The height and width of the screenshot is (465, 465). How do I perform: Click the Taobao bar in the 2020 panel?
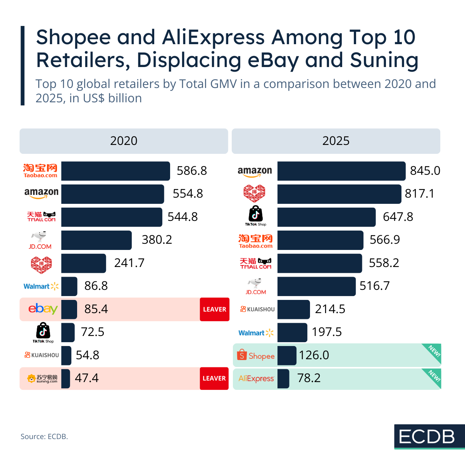click(x=115, y=171)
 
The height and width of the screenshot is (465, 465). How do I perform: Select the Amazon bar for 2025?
click(x=341, y=171)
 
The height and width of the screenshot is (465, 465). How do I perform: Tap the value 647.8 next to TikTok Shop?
click(x=398, y=217)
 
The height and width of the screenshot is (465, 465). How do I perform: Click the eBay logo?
click(x=43, y=309)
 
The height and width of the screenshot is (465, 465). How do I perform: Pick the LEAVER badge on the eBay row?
click(x=215, y=309)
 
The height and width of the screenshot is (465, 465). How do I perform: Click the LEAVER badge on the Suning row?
click(x=214, y=378)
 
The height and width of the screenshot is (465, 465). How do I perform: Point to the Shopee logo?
click(x=256, y=355)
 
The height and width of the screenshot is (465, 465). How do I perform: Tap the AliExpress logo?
click(x=256, y=379)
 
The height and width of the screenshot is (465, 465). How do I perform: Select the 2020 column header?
click(x=124, y=141)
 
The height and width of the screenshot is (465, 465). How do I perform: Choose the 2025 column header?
click(x=336, y=141)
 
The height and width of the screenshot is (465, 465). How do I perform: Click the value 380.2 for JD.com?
click(x=157, y=240)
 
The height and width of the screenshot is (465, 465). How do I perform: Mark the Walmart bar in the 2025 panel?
click(x=292, y=332)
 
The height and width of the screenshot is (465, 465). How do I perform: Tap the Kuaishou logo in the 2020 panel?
click(x=42, y=355)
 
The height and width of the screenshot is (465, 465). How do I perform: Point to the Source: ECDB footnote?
click(x=44, y=437)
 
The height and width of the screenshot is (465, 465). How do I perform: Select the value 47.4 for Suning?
click(x=87, y=378)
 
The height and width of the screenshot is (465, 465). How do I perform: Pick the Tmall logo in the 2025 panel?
click(x=256, y=263)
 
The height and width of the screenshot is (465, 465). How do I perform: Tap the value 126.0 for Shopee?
click(x=314, y=355)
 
